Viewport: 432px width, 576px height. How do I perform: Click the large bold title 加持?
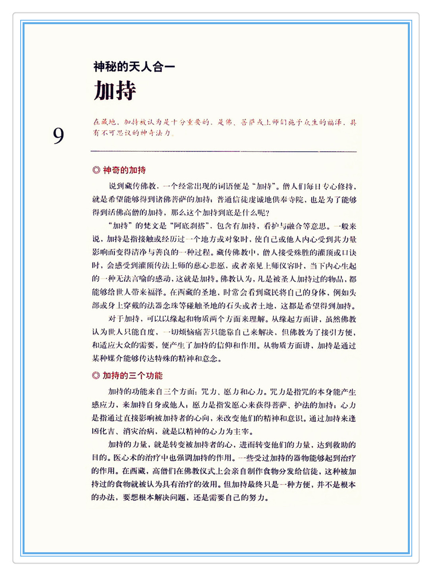click(x=115, y=91)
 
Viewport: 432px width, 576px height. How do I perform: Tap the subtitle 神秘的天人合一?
click(x=134, y=67)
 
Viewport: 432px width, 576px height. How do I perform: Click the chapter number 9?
click(x=58, y=136)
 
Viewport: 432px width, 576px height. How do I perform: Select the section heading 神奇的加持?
click(x=124, y=170)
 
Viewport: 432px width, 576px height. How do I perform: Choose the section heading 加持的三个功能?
click(x=133, y=375)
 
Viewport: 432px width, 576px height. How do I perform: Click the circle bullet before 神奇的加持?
click(x=96, y=170)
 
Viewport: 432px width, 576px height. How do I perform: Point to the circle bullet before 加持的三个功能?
click(x=96, y=375)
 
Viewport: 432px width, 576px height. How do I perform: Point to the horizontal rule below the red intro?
click(x=224, y=151)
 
